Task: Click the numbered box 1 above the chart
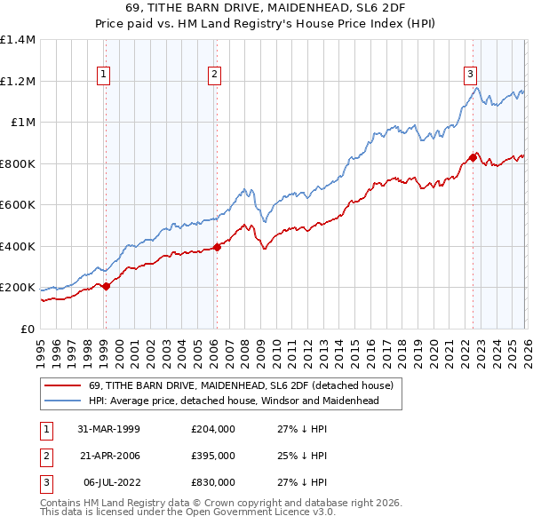(x=105, y=75)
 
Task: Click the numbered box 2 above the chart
(x=215, y=75)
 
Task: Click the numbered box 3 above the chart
(x=470, y=75)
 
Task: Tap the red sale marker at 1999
(x=107, y=286)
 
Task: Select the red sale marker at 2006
(x=218, y=247)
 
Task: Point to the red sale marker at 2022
(x=473, y=157)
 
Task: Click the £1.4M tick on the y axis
(x=18, y=40)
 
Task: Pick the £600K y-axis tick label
(x=18, y=205)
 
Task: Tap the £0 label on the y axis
(x=27, y=329)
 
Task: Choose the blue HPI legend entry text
(x=234, y=401)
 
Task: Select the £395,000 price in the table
(x=213, y=456)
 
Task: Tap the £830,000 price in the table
(x=213, y=483)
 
